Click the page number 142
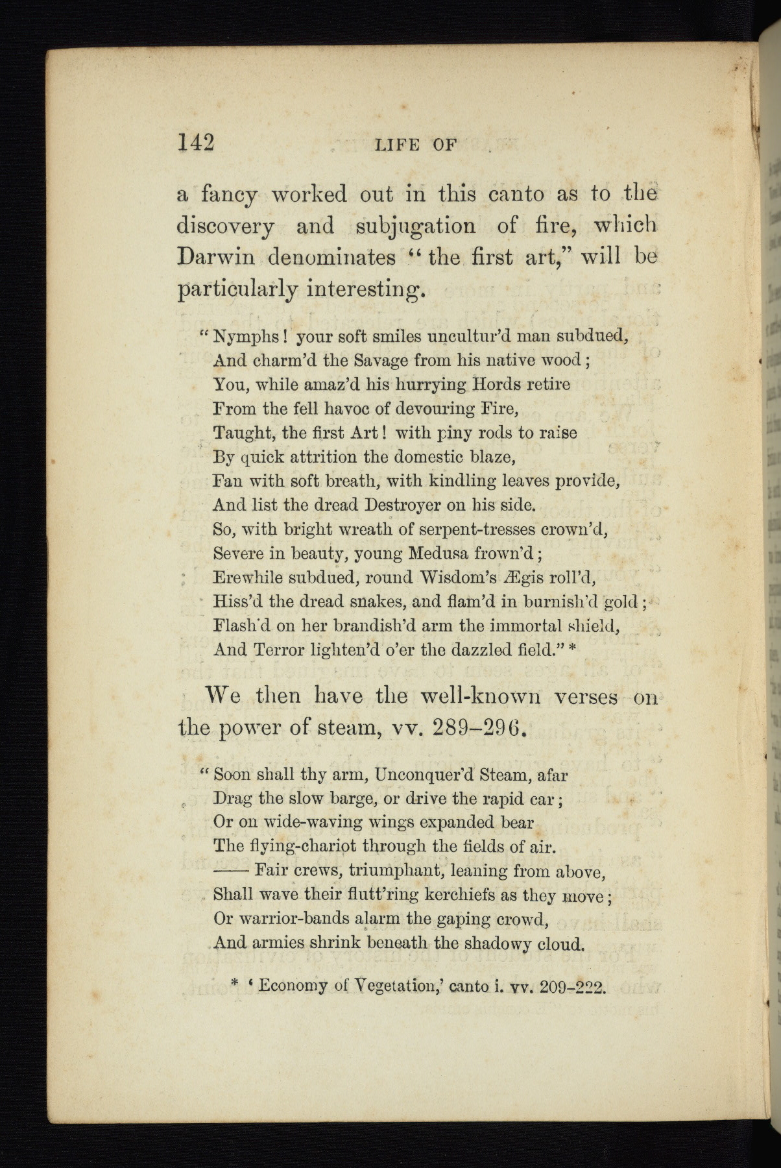click(195, 141)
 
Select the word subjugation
click(416, 226)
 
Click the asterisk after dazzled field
click(572, 650)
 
